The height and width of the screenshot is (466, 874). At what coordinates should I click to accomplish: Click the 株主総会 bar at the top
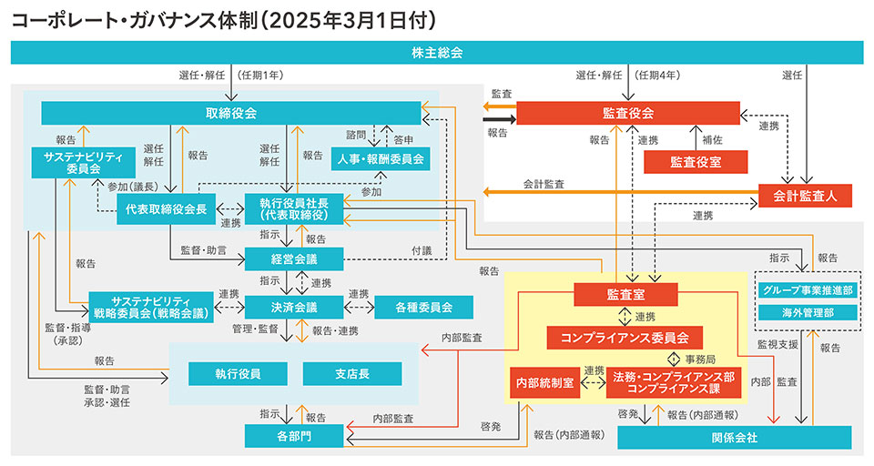(x=437, y=53)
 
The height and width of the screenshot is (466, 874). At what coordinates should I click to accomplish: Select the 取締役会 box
(x=231, y=113)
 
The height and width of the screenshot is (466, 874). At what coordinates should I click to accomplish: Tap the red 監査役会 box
(x=628, y=113)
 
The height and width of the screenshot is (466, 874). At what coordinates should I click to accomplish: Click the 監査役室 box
(x=696, y=161)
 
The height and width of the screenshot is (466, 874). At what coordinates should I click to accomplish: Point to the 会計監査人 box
(x=804, y=194)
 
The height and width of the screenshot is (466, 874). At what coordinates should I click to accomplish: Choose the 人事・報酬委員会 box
(x=380, y=159)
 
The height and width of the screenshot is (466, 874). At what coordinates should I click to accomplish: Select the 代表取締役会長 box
(x=166, y=208)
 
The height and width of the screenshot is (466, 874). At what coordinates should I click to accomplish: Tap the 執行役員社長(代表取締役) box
(x=293, y=209)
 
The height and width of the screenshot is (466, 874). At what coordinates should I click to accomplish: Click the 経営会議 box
(x=293, y=259)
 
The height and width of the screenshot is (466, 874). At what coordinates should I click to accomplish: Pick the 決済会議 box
(x=293, y=306)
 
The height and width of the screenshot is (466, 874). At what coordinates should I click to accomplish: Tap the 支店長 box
(x=351, y=373)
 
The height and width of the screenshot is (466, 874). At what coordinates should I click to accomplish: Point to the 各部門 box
(x=293, y=436)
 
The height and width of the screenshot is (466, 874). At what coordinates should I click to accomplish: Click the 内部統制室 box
(x=544, y=383)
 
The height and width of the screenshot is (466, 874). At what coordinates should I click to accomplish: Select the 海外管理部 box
(x=808, y=312)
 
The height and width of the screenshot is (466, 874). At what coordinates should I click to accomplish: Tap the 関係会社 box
(x=734, y=438)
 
